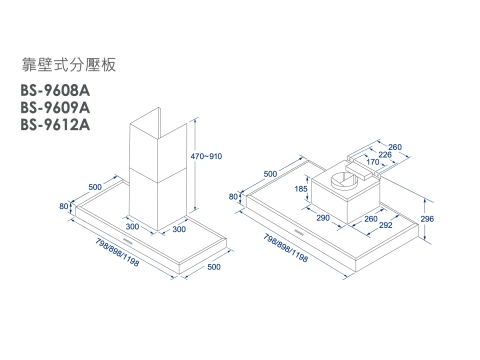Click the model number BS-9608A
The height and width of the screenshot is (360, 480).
[x=55, y=90]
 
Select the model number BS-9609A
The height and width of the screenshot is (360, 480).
[x=55, y=108]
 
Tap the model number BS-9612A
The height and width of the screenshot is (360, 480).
[x=55, y=125]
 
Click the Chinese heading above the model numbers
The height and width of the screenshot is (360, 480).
[x=69, y=64]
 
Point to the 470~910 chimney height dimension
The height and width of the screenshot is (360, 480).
[x=206, y=156]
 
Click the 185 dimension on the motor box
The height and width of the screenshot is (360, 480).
[x=301, y=189]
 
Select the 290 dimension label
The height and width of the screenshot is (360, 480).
[x=323, y=218]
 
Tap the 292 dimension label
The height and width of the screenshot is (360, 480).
[x=385, y=225]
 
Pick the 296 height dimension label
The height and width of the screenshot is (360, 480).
[x=427, y=219]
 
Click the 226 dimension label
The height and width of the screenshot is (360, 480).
[x=385, y=155]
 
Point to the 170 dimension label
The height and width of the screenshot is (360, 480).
[x=373, y=162]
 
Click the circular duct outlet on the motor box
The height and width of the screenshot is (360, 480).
[x=344, y=180]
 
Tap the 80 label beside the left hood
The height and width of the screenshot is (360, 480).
[x=64, y=206]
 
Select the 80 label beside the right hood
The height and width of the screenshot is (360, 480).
[x=233, y=197]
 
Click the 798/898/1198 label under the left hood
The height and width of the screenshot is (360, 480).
[x=117, y=252]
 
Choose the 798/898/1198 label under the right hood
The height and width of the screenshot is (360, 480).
[x=286, y=248]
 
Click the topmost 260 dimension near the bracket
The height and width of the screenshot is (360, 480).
[x=395, y=147]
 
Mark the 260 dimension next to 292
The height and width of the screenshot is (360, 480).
[x=371, y=219]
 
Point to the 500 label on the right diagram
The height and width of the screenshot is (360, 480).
[x=270, y=174]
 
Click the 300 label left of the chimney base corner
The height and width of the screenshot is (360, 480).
[x=132, y=226]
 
